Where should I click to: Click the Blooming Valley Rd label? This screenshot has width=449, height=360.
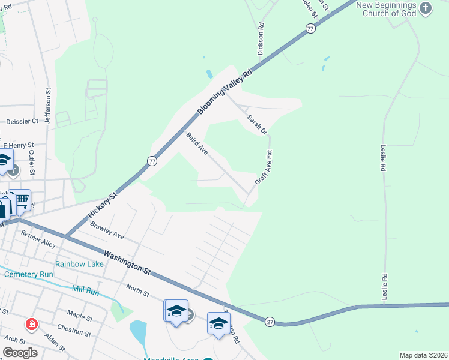click(x=224, y=91)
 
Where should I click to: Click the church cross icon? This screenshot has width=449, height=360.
click(x=426, y=8)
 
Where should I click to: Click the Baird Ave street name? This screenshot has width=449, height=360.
click(x=197, y=145)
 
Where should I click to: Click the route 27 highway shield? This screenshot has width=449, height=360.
click(x=270, y=322)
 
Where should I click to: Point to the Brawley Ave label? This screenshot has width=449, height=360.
click(x=106, y=231)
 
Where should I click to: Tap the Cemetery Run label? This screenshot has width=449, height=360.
click(x=29, y=274)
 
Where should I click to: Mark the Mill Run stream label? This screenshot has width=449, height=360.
click(x=85, y=289)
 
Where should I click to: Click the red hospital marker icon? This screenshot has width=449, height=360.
click(x=31, y=325)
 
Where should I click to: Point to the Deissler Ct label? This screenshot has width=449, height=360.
click(x=22, y=121)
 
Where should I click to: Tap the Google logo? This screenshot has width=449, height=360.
click(x=20, y=353)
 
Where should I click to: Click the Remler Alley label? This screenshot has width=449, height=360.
click(x=38, y=239)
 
